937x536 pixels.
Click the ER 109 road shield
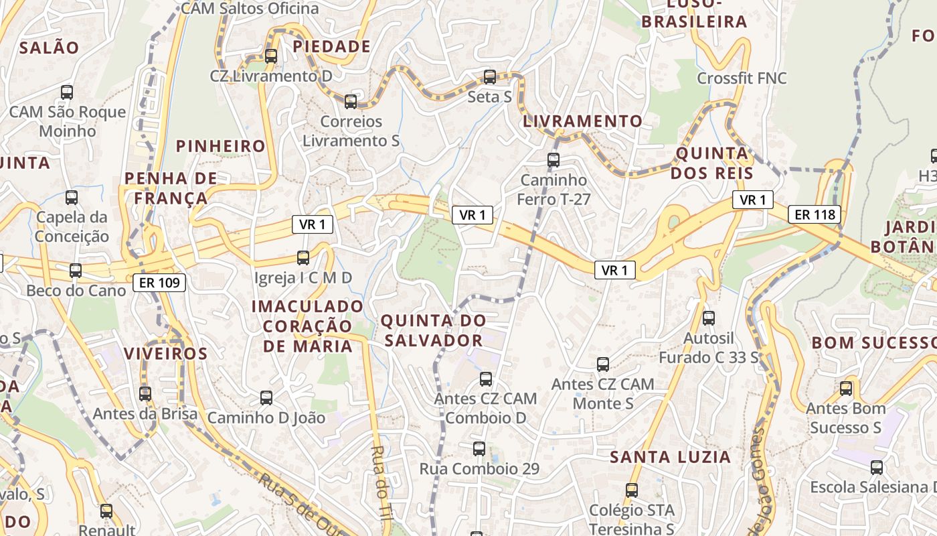159,283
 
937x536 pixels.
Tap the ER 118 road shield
814,214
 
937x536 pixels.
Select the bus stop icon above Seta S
490,77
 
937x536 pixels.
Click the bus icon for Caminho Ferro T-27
553,160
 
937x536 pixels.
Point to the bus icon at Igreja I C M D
303,257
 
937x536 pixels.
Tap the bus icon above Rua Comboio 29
479,449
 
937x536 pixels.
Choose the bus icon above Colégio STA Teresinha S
632,490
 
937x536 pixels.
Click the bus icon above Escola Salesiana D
877,468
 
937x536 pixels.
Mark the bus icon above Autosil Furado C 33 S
709,318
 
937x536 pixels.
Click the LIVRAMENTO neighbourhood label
582,121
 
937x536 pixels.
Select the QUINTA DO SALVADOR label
434,330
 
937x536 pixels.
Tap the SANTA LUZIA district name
671,457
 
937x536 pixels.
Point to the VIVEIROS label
166,353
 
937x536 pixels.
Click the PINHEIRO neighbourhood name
221,146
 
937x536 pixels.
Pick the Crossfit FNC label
742,78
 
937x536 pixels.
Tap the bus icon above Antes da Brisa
145,394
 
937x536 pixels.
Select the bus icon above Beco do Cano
76,271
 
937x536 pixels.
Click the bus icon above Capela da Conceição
72,198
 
